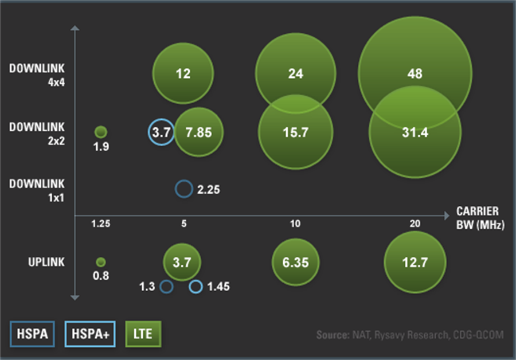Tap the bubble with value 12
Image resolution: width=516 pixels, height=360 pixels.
coord(183,73)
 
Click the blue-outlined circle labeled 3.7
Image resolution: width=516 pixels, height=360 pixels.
coord(161,132)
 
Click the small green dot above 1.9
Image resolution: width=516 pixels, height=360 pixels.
coord(101,132)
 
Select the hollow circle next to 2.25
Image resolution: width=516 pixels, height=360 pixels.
coord(183,189)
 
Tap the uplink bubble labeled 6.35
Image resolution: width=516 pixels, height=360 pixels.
coord(296,263)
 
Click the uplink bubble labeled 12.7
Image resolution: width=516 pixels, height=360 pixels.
coord(415,263)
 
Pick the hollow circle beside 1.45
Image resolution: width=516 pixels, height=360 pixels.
coord(196,287)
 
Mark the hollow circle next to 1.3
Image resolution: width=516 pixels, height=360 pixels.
coord(166,287)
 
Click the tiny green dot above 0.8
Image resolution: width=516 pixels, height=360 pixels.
coord(101,263)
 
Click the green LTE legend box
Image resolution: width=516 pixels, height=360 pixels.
coord(143,334)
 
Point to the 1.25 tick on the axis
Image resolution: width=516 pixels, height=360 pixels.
coord(100,224)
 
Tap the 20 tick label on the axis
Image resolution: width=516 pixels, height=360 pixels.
coord(415,224)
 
